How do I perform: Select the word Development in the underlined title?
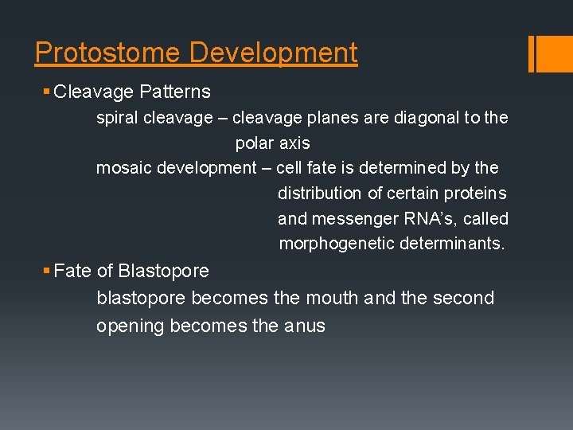pos(273,53)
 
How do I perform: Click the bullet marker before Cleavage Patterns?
pos(46,92)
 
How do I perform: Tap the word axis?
pos(294,144)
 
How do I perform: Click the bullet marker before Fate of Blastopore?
pos(46,272)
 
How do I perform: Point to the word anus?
pos(305,326)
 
